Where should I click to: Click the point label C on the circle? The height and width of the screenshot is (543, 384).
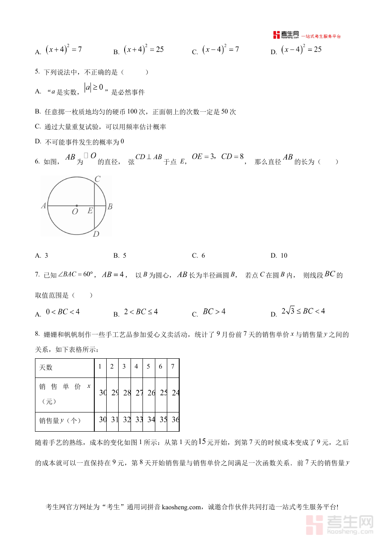(x=97, y=179)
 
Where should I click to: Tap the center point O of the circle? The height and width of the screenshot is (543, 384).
(x=77, y=206)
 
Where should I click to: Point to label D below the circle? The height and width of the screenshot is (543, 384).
(x=96, y=234)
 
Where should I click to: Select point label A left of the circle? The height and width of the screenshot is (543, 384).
(x=44, y=206)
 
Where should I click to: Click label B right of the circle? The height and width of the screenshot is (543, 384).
(x=110, y=206)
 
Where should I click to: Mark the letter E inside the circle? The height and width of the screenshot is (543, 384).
(x=90, y=210)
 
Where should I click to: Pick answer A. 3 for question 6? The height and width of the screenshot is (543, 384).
(x=42, y=256)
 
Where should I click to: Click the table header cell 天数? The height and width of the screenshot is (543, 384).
(x=46, y=367)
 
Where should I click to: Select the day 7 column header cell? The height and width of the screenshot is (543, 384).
(x=172, y=366)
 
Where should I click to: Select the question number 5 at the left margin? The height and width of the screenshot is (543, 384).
(x=37, y=72)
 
